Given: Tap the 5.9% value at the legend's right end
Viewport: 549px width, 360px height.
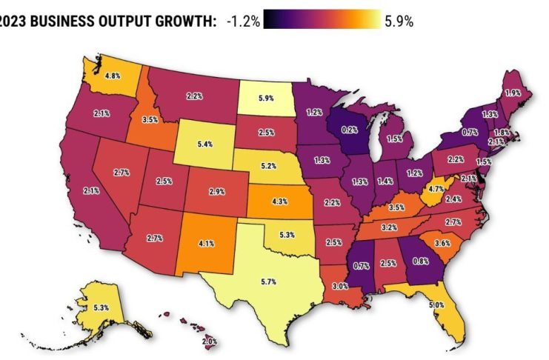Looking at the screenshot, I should (399, 21).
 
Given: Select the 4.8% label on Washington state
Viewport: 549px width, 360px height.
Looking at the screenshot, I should (113, 76).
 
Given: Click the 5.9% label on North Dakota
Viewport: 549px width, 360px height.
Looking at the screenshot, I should (265, 96).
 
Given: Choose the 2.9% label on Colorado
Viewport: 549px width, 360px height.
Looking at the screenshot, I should (216, 191).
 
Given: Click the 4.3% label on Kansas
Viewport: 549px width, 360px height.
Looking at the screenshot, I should (279, 201).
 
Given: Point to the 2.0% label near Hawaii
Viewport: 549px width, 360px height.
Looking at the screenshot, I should (210, 341).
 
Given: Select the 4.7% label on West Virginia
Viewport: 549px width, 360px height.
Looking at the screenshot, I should (436, 190).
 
